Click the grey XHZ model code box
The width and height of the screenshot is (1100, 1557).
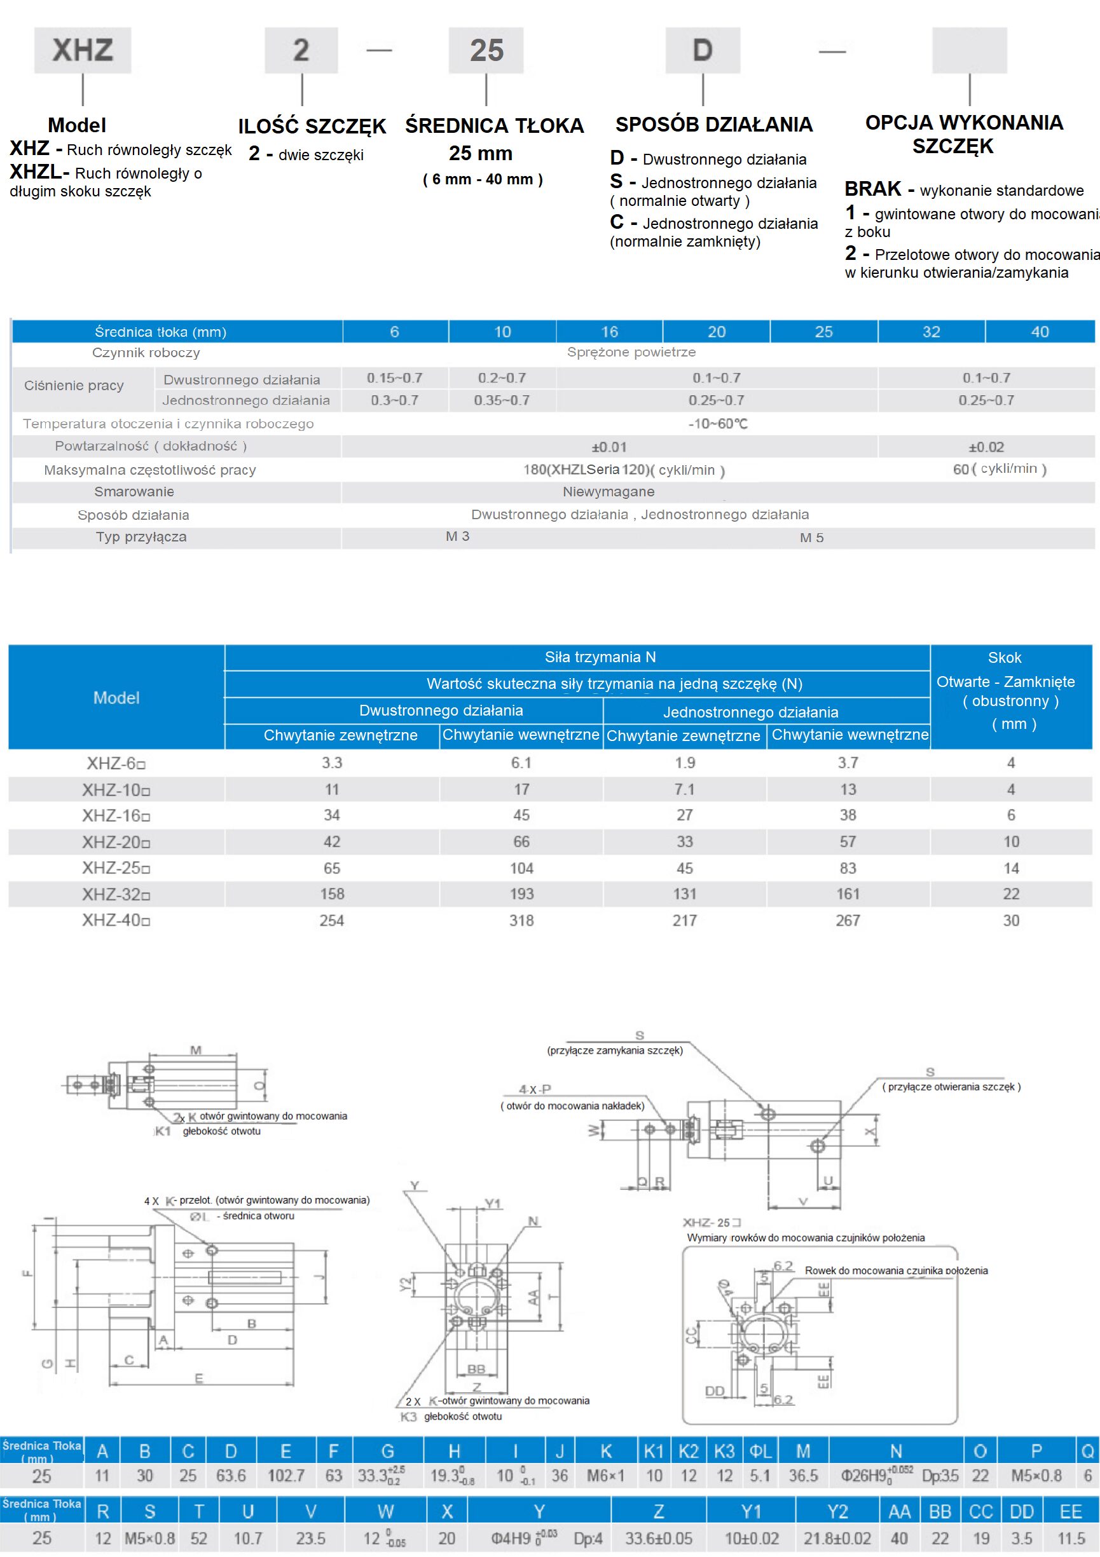pyautogui.click(x=82, y=50)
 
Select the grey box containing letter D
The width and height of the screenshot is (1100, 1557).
pyautogui.click(x=703, y=50)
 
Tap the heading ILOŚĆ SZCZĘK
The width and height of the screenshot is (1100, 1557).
pyautogui.click(x=312, y=126)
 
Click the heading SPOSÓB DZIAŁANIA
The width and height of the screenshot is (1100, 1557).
pyautogui.click(x=714, y=125)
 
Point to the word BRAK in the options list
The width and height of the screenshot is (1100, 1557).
pyautogui.click(x=872, y=189)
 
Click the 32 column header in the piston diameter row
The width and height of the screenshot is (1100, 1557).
pyautogui.click(x=931, y=332)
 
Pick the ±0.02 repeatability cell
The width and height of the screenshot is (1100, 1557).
pyautogui.click(x=986, y=447)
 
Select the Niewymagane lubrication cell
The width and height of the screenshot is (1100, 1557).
pyautogui.click(x=608, y=492)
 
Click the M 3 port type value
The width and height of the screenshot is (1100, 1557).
pyautogui.click(x=457, y=536)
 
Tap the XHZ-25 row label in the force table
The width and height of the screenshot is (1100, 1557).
pyautogui.click(x=116, y=868)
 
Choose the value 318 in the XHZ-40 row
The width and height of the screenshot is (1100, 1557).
pyautogui.click(x=521, y=920)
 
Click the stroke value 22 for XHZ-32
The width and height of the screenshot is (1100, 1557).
pyautogui.click(x=1010, y=894)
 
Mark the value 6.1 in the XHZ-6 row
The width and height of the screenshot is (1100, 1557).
pyautogui.click(x=521, y=763)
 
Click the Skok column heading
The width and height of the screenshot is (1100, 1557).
pyautogui.click(x=1005, y=658)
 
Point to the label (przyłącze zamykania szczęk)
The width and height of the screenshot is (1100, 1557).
pyautogui.click(x=615, y=1050)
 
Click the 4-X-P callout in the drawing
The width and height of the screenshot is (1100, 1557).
pyautogui.click(x=535, y=1090)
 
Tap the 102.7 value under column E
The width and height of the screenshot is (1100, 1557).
pyautogui.click(x=285, y=1476)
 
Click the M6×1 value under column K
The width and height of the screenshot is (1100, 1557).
pyautogui.click(x=605, y=1476)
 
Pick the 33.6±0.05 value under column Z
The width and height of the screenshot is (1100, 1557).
pyautogui.click(x=658, y=1539)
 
